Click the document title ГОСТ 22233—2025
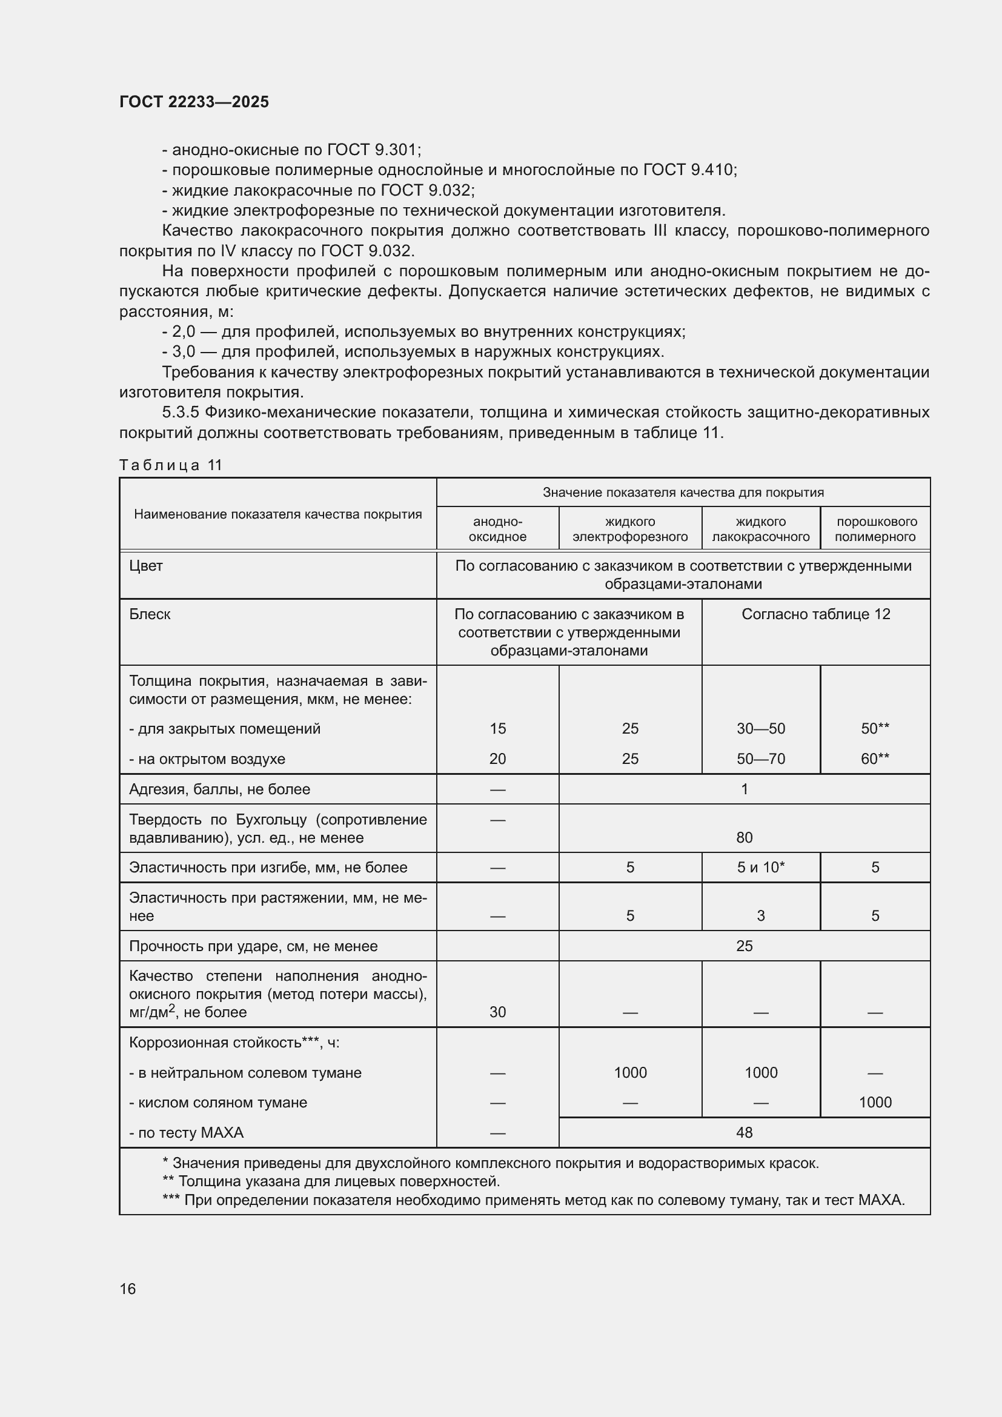point(194,102)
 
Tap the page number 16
point(128,1289)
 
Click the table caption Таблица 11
point(170,465)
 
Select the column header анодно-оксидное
point(497,529)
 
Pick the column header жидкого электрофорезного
point(630,529)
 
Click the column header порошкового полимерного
point(875,529)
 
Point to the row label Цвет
point(146,566)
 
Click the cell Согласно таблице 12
point(815,614)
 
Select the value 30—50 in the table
point(761,728)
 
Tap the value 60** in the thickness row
point(875,758)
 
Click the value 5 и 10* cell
point(761,867)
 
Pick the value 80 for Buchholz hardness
point(744,837)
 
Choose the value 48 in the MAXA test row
point(744,1132)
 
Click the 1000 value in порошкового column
point(875,1102)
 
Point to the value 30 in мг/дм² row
point(497,1012)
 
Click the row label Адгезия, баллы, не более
point(220,789)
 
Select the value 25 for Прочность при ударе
point(744,946)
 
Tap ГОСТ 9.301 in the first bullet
point(373,150)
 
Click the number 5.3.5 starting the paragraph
point(180,413)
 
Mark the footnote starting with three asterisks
point(533,1200)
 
